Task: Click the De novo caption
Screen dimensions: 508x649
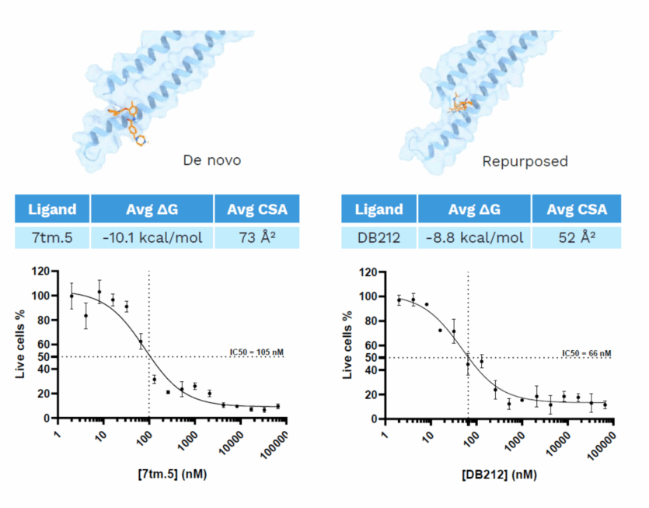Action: [x=211, y=161]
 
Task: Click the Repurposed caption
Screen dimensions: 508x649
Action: [x=525, y=162]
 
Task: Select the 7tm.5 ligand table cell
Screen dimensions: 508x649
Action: [x=52, y=236]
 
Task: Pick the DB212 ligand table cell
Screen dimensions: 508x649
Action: [x=379, y=236]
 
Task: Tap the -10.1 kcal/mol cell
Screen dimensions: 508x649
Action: [x=152, y=236]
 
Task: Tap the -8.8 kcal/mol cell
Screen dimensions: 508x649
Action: [x=474, y=236]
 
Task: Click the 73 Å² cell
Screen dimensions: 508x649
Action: [x=256, y=236]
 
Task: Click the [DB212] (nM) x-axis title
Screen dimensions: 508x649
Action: [x=497, y=473]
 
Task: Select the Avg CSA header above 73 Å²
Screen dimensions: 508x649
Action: [x=256, y=208]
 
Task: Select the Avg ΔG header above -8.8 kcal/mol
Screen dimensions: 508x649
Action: [x=474, y=208]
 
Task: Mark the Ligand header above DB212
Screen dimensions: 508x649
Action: [x=379, y=208]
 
